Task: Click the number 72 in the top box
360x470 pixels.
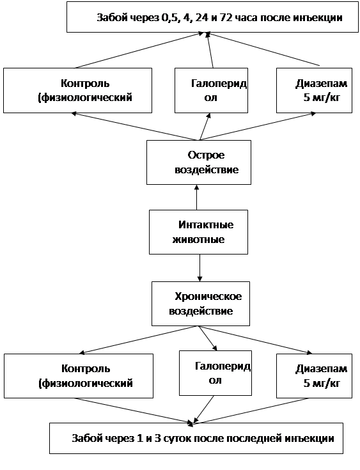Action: pyautogui.click(x=226, y=18)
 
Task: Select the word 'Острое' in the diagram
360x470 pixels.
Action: pyautogui.click(x=207, y=155)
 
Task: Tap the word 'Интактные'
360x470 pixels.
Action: pyautogui.click(x=206, y=225)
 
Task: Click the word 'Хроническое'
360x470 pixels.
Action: pyautogui.click(x=208, y=297)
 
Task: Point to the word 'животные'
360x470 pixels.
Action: pyautogui.click(x=198, y=240)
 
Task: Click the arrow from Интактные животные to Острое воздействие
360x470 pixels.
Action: pyautogui.click(x=197, y=197)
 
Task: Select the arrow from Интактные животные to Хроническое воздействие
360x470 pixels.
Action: pyautogui.click(x=200, y=268)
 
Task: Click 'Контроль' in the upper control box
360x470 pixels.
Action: pyautogui.click(x=85, y=83)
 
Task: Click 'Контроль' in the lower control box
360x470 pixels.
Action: pyautogui.click(x=86, y=368)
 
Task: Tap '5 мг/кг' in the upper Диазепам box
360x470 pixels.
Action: pyautogui.click(x=322, y=98)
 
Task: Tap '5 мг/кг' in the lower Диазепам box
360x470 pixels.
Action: pyautogui.click(x=322, y=383)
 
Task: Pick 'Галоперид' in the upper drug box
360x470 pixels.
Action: pyautogui.click(x=219, y=83)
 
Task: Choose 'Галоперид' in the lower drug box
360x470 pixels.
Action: pyautogui.click(x=223, y=366)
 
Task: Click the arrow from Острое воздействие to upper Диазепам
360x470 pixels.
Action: pyautogui.click(x=258, y=126)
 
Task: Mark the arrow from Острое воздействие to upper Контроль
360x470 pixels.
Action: pyautogui.click(x=134, y=126)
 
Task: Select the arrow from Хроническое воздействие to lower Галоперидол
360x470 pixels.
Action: pyautogui.click(x=208, y=338)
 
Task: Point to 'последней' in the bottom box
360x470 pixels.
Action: pyautogui.click(x=253, y=439)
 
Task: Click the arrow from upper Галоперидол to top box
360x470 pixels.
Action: pyautogui.click(x=210, y=51)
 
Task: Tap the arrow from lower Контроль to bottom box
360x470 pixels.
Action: pyautogui.click(x=134, y=411)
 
